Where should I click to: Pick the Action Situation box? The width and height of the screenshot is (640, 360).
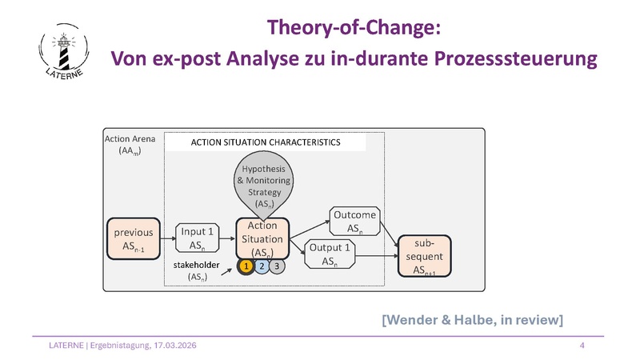pos(262,237)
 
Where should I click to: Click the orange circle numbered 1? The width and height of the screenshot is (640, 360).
pos(247,266)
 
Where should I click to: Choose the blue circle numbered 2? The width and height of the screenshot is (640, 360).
pos(262,266)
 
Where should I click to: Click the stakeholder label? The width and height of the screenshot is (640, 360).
pos(197,262)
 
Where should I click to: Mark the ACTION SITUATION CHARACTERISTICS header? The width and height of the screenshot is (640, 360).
pos(265,142)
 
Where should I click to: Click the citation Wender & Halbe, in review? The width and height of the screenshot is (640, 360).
pos(472,320)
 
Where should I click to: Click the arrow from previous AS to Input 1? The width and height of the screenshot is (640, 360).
pos(167,238)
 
